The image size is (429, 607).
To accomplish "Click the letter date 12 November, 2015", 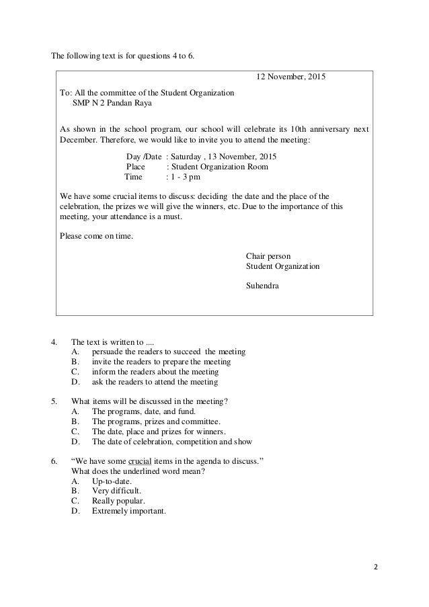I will click(291, 77).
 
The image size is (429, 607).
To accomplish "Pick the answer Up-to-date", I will click(112, 482).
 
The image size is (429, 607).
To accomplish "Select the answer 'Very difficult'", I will click(116, 491).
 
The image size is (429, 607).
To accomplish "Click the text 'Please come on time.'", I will click(96, 236).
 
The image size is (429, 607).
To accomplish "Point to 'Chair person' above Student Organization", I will click(269, 256).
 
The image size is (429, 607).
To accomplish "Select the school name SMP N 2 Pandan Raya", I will click(112, 104).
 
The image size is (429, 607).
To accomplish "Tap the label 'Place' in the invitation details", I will click(136, 167).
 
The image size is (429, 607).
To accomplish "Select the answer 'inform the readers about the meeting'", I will click(155, 372).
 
